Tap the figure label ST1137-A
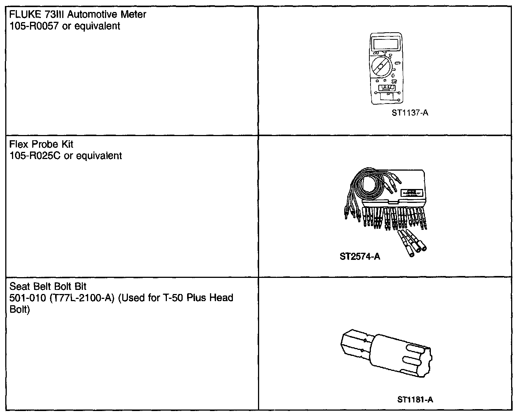click(x=410, y=113)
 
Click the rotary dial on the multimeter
click(x=380, y=67)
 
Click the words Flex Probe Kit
click(x=41, y=144)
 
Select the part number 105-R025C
click(x=35, y=156)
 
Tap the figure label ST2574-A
click(x=360, y=256)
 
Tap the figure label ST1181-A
click(x=415, y=400)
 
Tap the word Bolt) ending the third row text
click(x=19, y=310)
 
